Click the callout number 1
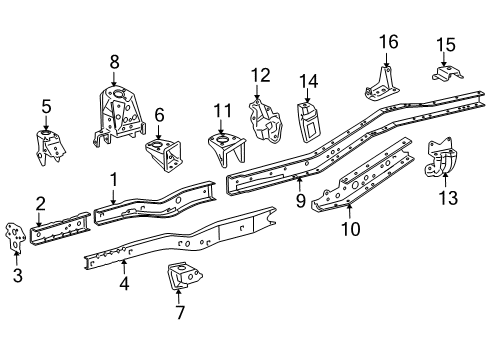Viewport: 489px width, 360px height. coord(114,179)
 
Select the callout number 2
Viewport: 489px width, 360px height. coord(40,203)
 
